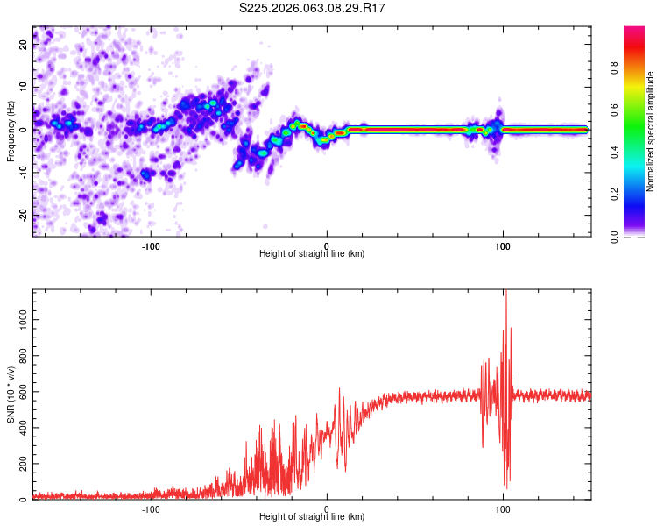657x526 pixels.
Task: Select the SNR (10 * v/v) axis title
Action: point(11,394)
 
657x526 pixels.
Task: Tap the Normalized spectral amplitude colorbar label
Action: point(651,131)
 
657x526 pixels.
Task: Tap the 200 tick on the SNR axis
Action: point(21,464)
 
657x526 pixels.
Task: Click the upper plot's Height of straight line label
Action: point(312,254)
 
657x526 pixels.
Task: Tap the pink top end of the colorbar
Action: point(634,30)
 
